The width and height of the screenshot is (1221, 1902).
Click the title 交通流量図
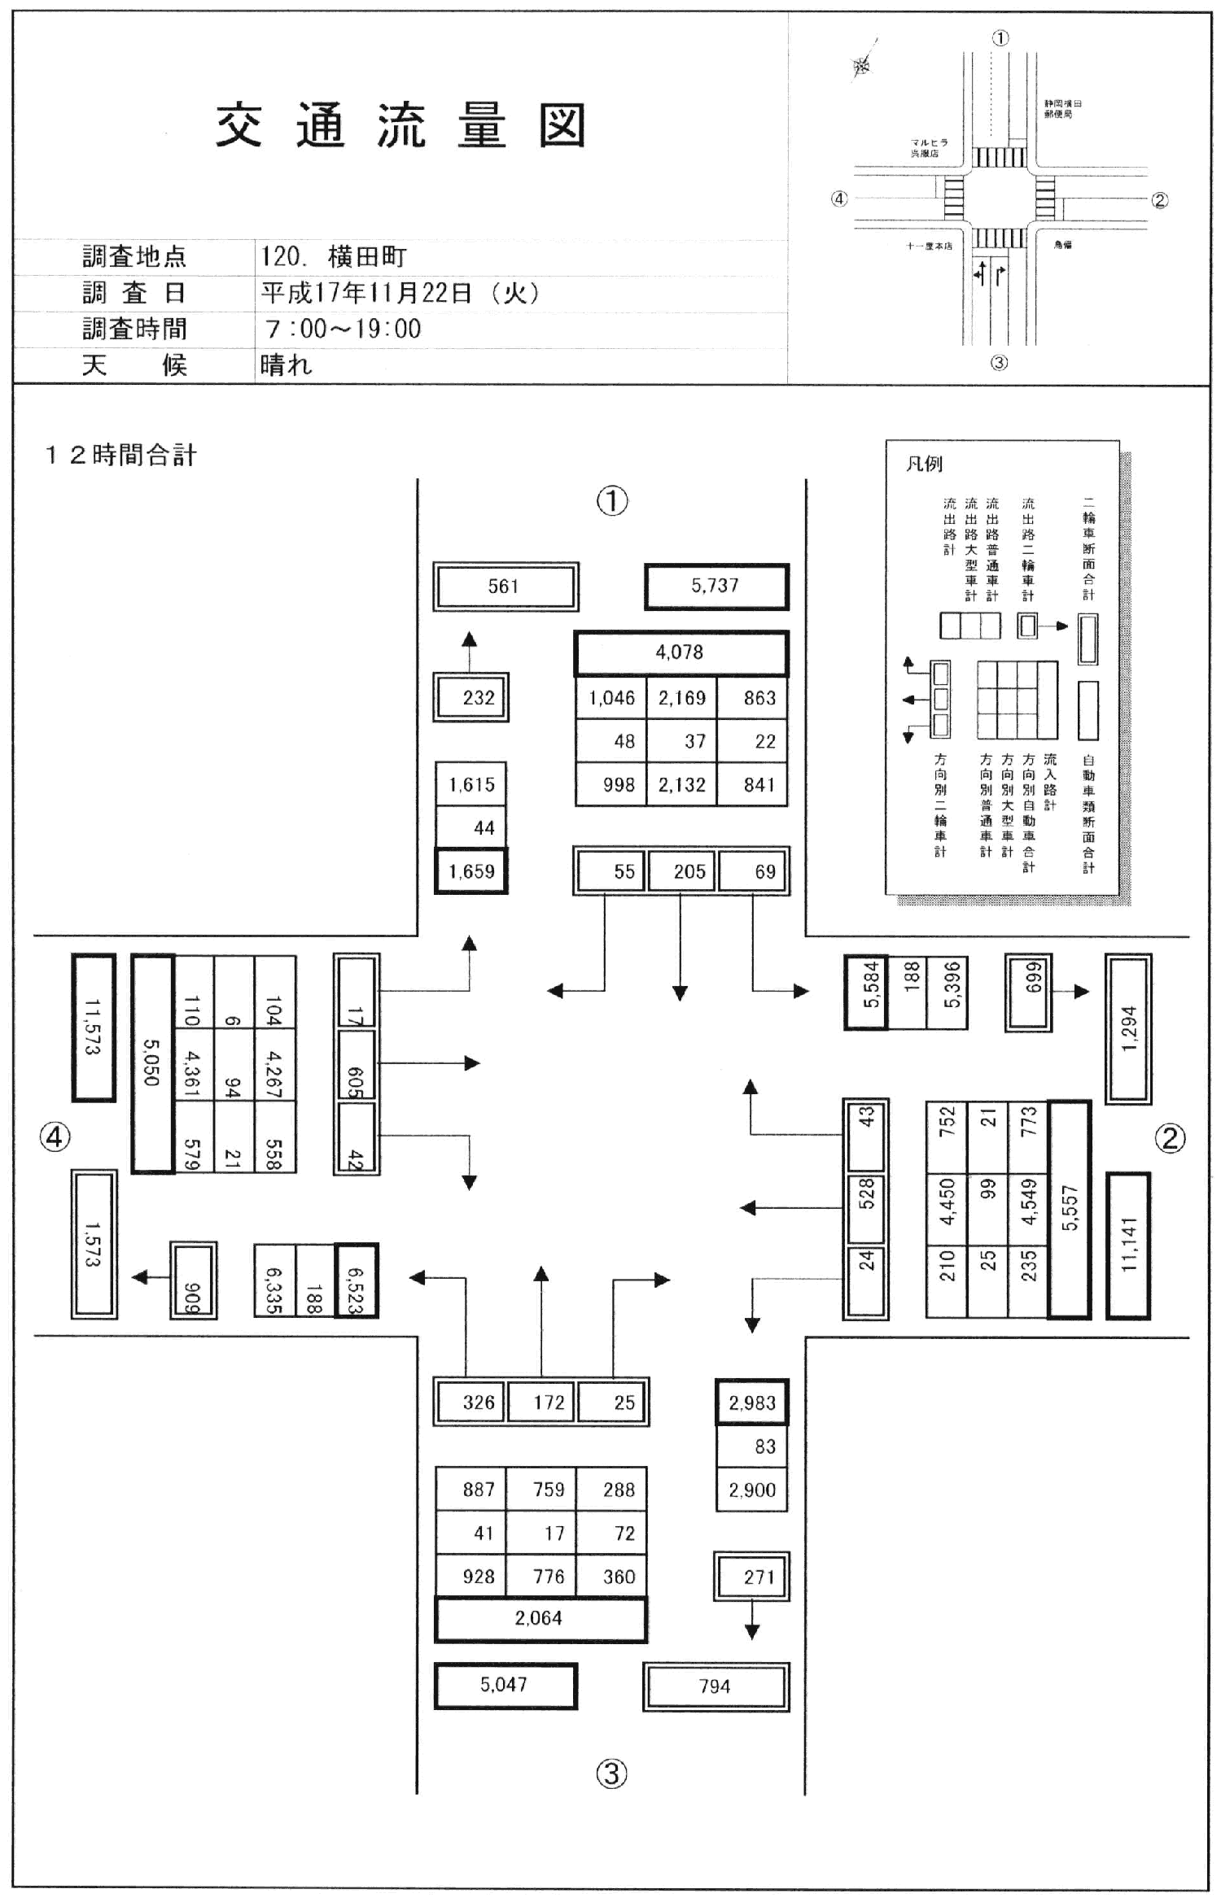tap(400, 126)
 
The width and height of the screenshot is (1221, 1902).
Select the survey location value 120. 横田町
tap(334, 257)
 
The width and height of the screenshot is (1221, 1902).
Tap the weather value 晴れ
tap(287, 365)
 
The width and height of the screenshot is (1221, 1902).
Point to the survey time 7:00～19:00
tap(343, 329)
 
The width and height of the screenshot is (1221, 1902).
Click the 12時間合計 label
tap(120, 456)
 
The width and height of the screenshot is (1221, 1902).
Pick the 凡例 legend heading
tap(924, 464)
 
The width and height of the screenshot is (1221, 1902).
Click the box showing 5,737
tap(716, 586)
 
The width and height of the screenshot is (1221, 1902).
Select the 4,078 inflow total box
tap(680, 652)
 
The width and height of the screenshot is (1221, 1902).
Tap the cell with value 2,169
tap(682, 698)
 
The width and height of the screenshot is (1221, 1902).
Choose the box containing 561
tap(504, 587)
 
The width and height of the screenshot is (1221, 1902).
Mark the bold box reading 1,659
tap(471, 871)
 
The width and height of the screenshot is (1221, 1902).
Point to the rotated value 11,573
tap(93, 1027)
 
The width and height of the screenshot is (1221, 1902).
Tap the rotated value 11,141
tap(1128, 1245)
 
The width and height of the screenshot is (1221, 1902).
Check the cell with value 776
tap(549, 1576)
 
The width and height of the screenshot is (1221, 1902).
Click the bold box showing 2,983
tap(752, 1403)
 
